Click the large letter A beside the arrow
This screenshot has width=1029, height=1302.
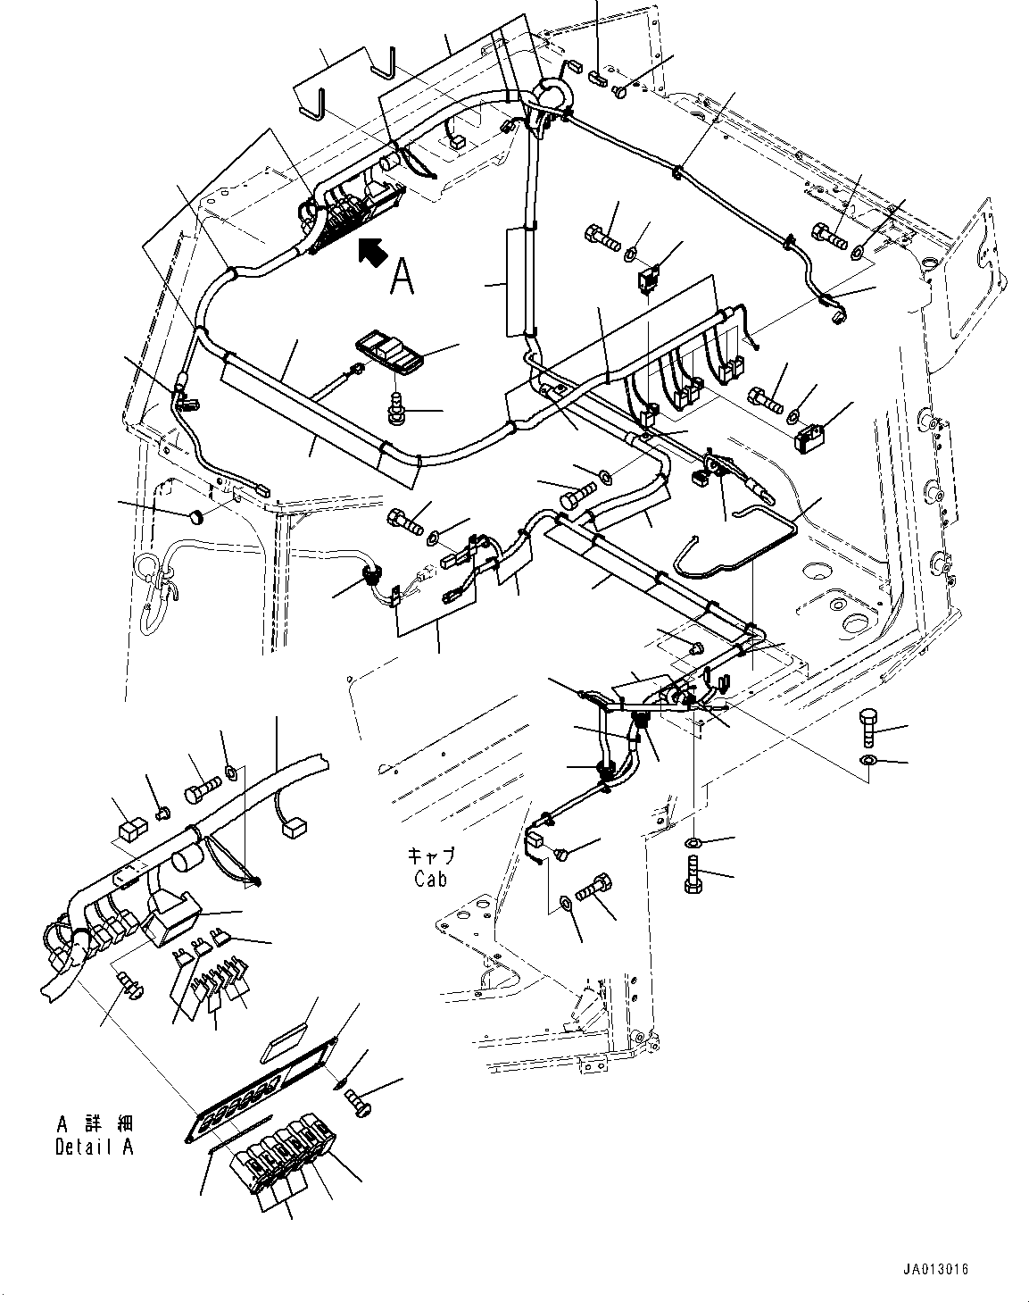[x=402, y=277]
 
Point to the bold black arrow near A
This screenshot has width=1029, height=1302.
[x=372, y=253]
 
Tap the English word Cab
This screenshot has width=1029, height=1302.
[x=432, y=879]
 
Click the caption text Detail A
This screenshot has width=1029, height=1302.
[x=94, y=1148]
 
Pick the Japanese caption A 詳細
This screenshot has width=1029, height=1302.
[x=94, y=1123]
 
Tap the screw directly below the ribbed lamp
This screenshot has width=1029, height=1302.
[x=394, y=406]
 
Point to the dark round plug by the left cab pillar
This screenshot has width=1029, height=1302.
[x=196, y=516]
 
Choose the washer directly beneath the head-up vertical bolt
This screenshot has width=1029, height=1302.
[x=869, y=760]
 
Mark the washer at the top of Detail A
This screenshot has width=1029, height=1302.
[x=232, y=770]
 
